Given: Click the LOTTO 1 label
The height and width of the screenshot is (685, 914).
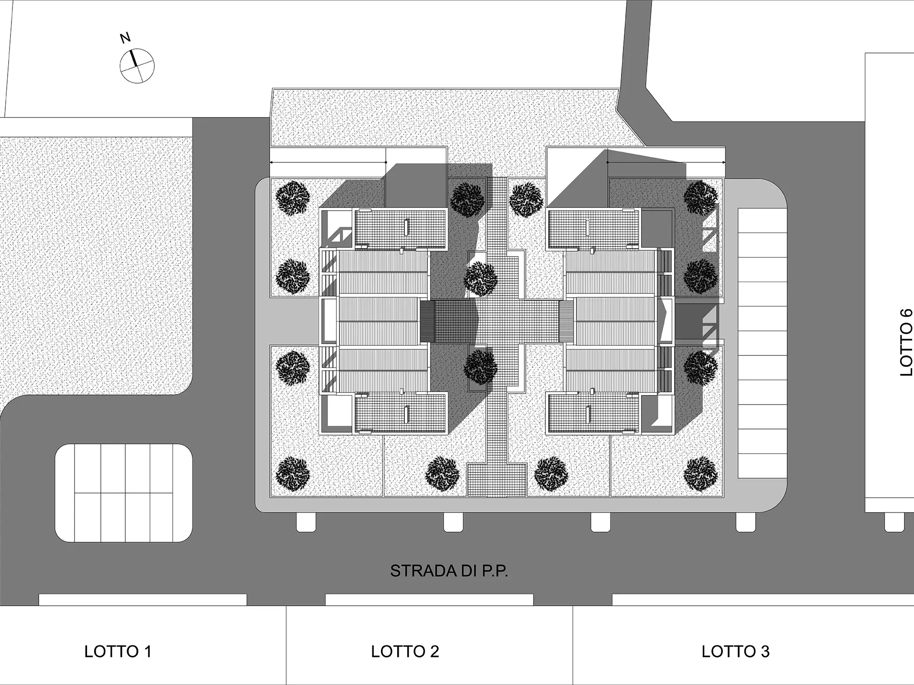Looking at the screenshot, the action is pos(118,652).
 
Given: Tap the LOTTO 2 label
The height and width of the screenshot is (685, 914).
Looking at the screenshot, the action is pos(404,652).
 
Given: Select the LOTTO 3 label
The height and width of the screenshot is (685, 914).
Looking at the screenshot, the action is pos(735,652).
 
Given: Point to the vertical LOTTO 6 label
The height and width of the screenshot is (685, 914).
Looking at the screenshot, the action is pos(906,342).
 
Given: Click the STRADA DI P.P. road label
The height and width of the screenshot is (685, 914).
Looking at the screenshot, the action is pos(449,571).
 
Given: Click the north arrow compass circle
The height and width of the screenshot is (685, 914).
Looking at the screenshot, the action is pos(137,65).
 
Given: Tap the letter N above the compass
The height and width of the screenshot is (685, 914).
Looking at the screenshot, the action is pos(125,38).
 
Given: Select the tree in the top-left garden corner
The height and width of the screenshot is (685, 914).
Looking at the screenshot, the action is pos(293,198).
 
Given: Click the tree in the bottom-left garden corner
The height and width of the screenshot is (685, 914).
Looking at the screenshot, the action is pos(293,473).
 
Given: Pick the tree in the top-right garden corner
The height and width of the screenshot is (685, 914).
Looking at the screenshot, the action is pos(701,198).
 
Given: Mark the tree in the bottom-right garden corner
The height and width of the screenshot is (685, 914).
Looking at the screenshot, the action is pos(701,473).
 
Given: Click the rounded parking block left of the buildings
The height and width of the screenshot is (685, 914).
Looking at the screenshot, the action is pos(124,493).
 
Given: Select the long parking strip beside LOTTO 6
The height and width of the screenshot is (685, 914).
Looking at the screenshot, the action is pos(762,343).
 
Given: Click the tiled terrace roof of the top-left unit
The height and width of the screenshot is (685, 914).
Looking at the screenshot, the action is pos(401,229).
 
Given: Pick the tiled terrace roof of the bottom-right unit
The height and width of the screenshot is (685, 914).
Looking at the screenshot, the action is pos(593,413).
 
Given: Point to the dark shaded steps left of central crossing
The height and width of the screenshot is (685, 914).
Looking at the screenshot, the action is pos(427,321).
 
